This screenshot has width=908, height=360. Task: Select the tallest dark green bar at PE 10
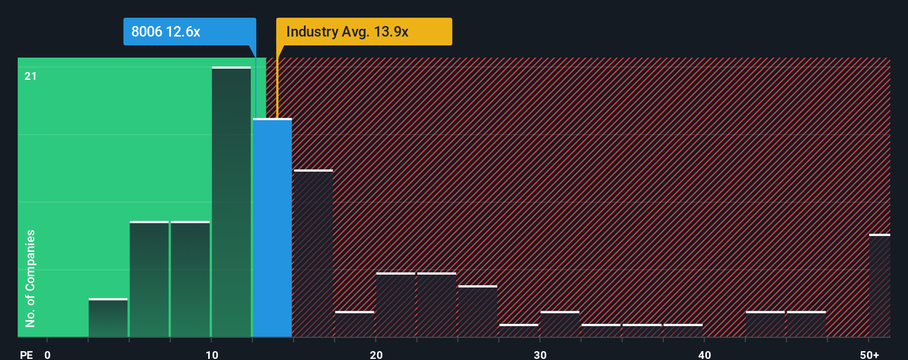[231, 202]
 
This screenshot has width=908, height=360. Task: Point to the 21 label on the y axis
[30, 76]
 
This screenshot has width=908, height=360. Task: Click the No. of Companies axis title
[30, 278]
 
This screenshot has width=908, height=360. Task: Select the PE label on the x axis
[26, 354]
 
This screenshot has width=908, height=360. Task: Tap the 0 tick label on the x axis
[48, 354]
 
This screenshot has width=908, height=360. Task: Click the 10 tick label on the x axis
[211, 354]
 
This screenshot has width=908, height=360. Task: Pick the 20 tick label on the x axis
[376, 354]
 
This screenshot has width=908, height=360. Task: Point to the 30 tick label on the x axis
[540, 354]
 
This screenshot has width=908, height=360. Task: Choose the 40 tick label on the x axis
[704, 354]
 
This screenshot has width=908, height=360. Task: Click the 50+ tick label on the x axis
[869, 354]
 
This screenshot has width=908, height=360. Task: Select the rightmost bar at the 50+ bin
[879, 286]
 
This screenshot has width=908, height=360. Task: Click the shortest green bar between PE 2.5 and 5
[108, 318]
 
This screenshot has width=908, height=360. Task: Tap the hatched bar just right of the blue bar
[313, 254]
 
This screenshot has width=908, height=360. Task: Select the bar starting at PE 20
[396, 305]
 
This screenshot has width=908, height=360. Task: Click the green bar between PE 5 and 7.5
[149, 279]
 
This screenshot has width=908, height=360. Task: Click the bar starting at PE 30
[560, 325]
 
